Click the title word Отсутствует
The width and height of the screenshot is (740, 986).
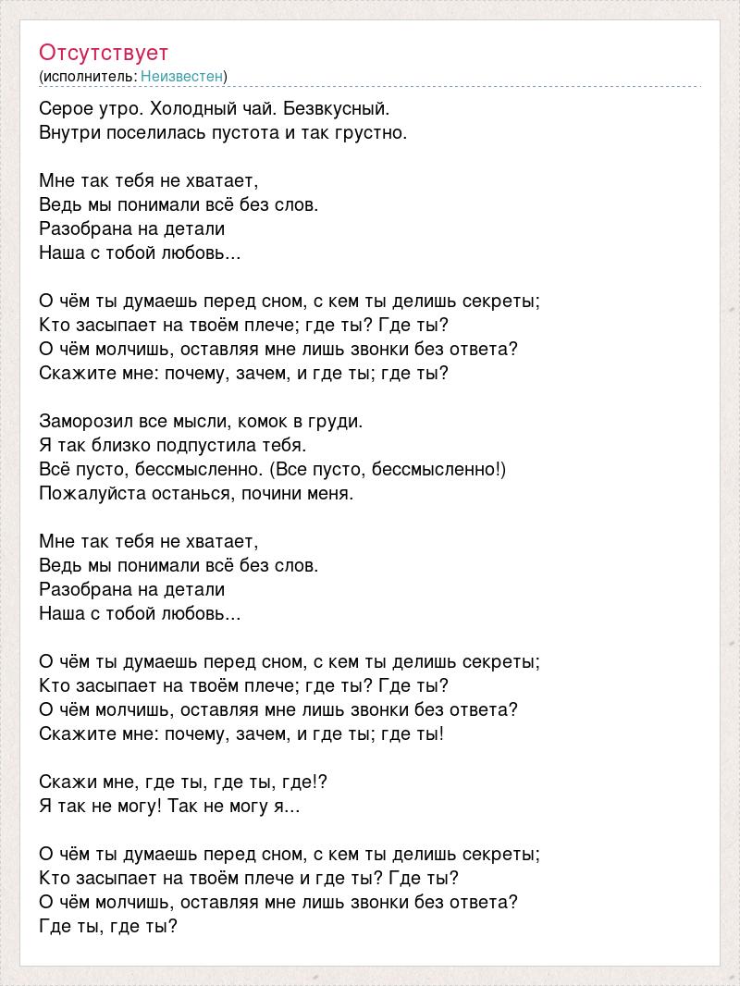[x=104, y=52]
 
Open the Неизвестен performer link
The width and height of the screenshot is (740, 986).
[x=182, y=76]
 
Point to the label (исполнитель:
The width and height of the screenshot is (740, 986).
[x=88, y=76]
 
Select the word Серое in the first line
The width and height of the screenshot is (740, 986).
[x=66, y=108]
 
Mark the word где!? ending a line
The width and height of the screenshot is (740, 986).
[x=306, y=782]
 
